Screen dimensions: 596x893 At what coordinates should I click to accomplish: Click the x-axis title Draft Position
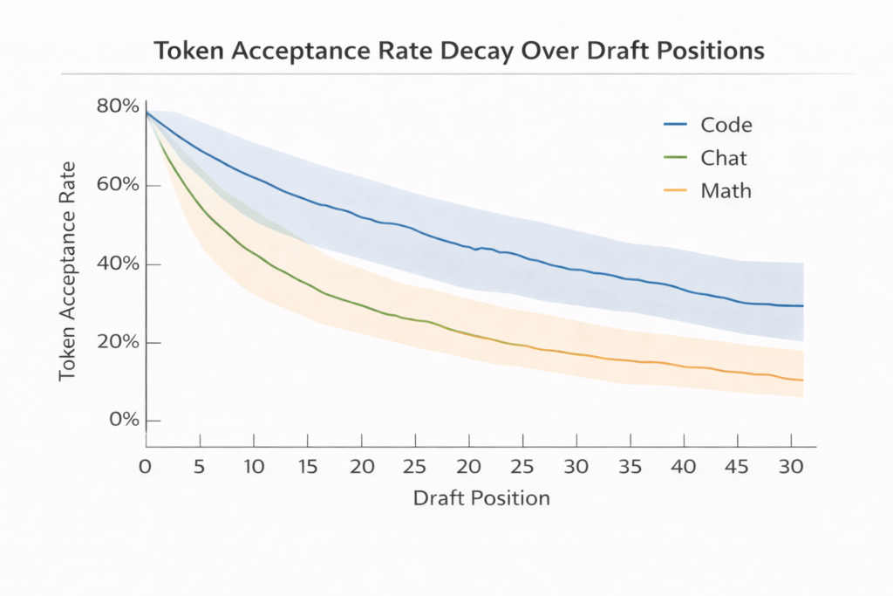tap(481, 498)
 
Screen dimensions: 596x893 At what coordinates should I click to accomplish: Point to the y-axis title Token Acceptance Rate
tap(67, 271)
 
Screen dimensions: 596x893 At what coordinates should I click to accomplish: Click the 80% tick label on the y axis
tap(118, 107)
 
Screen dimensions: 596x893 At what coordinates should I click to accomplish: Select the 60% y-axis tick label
tap(118, 186)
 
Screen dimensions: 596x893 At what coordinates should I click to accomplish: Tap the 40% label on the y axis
tap(118, 264)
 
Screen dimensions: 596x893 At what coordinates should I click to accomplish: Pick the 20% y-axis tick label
tap(118, 342)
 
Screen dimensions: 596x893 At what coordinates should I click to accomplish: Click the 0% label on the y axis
tap(123, 421)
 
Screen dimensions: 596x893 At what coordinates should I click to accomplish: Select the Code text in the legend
tap(726, 125)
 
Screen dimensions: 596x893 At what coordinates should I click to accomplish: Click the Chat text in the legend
tap(724, 158)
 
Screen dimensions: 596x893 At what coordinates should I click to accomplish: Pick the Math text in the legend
tap(726, 190)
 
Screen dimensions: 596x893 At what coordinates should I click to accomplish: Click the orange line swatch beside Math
tap(677, 190)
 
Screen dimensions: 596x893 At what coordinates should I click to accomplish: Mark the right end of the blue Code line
tap(802, 305)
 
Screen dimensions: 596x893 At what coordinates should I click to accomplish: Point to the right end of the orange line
tap(802, 380)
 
